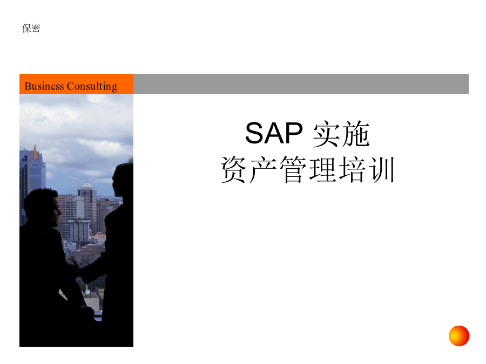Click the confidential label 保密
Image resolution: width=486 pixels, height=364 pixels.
coord(31,28)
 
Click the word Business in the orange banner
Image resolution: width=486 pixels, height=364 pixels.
coord(44,86)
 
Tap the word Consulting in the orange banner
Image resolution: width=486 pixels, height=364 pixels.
coord(92,86)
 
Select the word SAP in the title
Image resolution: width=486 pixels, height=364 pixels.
coord(274,133)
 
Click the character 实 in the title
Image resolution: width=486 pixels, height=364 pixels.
coord(326,134)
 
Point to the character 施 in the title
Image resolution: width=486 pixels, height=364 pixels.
coord(355,134)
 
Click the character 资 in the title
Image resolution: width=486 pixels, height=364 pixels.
coord(234,169)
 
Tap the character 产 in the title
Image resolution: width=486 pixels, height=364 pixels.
coord(263,169)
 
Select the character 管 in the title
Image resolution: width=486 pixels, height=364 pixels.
coord(293,169)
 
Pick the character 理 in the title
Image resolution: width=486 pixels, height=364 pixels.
coord(322,169)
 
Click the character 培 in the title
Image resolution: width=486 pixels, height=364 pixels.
coord(352,169)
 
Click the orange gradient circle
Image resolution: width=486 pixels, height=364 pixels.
coord(459,336)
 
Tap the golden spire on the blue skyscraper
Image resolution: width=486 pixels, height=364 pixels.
coord(35,152)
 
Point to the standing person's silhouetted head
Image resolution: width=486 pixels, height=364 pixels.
coord(123,181)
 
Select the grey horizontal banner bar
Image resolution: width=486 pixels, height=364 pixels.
coord(301,84)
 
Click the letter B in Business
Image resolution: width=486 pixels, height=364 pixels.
coord(28,86)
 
